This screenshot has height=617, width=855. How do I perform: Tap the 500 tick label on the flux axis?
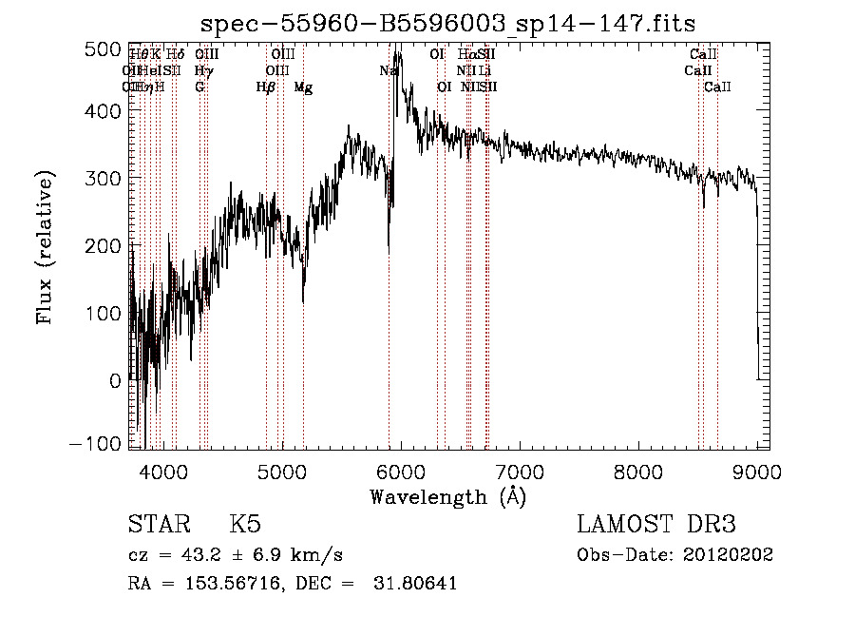coord(103,48)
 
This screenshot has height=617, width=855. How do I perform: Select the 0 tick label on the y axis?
coord(114,381)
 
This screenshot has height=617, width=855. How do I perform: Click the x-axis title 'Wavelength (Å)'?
coord(447,496)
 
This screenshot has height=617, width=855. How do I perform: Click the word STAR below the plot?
coord(158,525)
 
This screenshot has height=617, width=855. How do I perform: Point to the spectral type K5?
coord(245,525)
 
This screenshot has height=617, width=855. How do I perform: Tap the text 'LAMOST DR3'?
coord(656,525)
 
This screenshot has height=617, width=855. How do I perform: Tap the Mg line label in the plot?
coord(303,87)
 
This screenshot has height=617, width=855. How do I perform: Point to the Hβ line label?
coord(266,87)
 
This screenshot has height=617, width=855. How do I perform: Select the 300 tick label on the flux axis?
coord(103,179)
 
